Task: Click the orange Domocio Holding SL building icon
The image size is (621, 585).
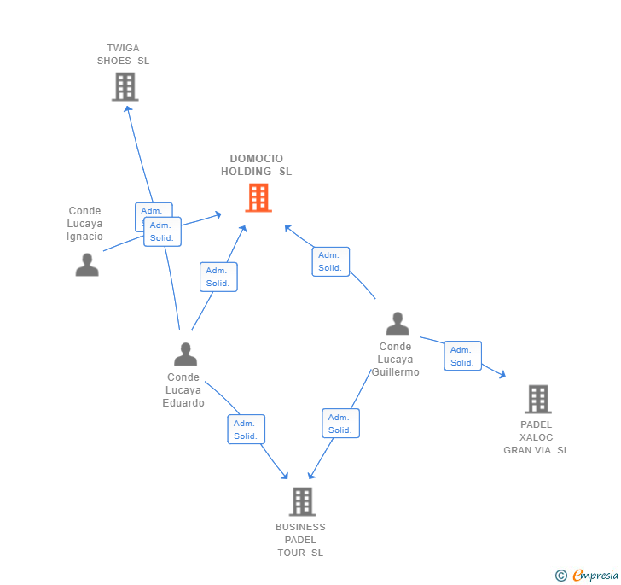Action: pyautogui.click(x=258, y=197)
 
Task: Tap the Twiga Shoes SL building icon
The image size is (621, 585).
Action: pyautogui.click(x=125, y=86)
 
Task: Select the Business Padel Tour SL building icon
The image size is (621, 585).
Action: pyautogui.click(x=302, y=501)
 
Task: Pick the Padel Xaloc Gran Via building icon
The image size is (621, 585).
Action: pyautogui.click(x=537, y=399)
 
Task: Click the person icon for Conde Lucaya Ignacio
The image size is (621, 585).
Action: pyautogui.click(x=87, y=265)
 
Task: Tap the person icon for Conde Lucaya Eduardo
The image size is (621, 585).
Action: pyautogui.click(x=185, y=354)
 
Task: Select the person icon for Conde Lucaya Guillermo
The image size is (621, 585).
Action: pyautogui.click(x=398, y=324)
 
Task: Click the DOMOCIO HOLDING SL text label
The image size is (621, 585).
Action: pyautogui.click(x=257, y=165)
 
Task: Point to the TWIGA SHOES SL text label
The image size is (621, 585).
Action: pyautogui.click(x=123, y=55)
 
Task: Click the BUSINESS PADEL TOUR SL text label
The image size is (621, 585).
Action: pyautogui.click(x=300, y=540)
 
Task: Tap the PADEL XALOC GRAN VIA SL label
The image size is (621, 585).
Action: pyautogui.click(x=536, y=437)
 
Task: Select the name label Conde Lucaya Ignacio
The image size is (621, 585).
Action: pyautogui.click(x=85, y=224)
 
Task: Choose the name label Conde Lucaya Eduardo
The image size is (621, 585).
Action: pyautogui.click(x=184, y=390)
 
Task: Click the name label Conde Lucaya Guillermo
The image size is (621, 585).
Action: pyautogui.click(x=395, y=360)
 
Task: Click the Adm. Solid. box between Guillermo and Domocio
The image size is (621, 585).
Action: pyautogui.click(x=330, y=261)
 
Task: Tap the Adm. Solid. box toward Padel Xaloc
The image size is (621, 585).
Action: pyautogui.click(x=462, y=356)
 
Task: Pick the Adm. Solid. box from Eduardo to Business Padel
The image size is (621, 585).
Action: pyautogui.click(x=246, y=430)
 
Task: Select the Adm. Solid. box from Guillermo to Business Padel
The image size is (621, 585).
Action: pyautogui.click(x=340, y=424)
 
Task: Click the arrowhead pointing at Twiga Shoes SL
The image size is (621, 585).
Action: pyautogui.click(x=128, y=108)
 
